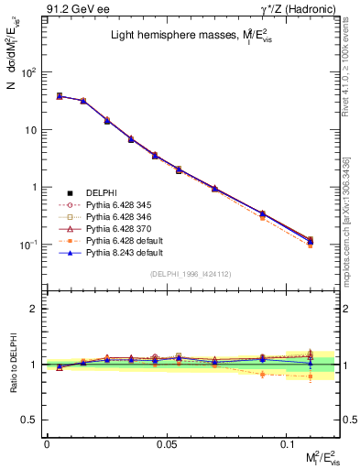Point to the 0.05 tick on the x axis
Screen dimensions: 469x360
(167, 442)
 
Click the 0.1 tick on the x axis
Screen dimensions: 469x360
(287, 442)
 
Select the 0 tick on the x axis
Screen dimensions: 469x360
(47, 442)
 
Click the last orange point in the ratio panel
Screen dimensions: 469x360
(311, 376)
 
